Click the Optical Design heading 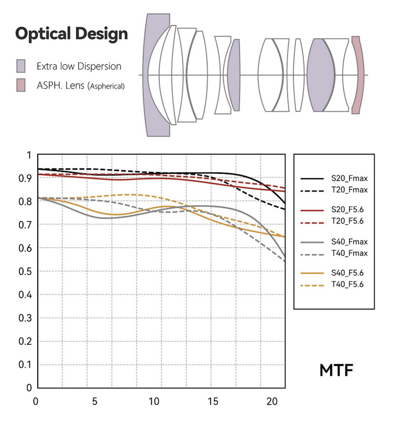71,34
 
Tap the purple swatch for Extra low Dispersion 21,66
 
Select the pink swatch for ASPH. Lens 21,85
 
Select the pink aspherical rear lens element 357,75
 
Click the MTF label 336,369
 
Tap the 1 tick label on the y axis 29,155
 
